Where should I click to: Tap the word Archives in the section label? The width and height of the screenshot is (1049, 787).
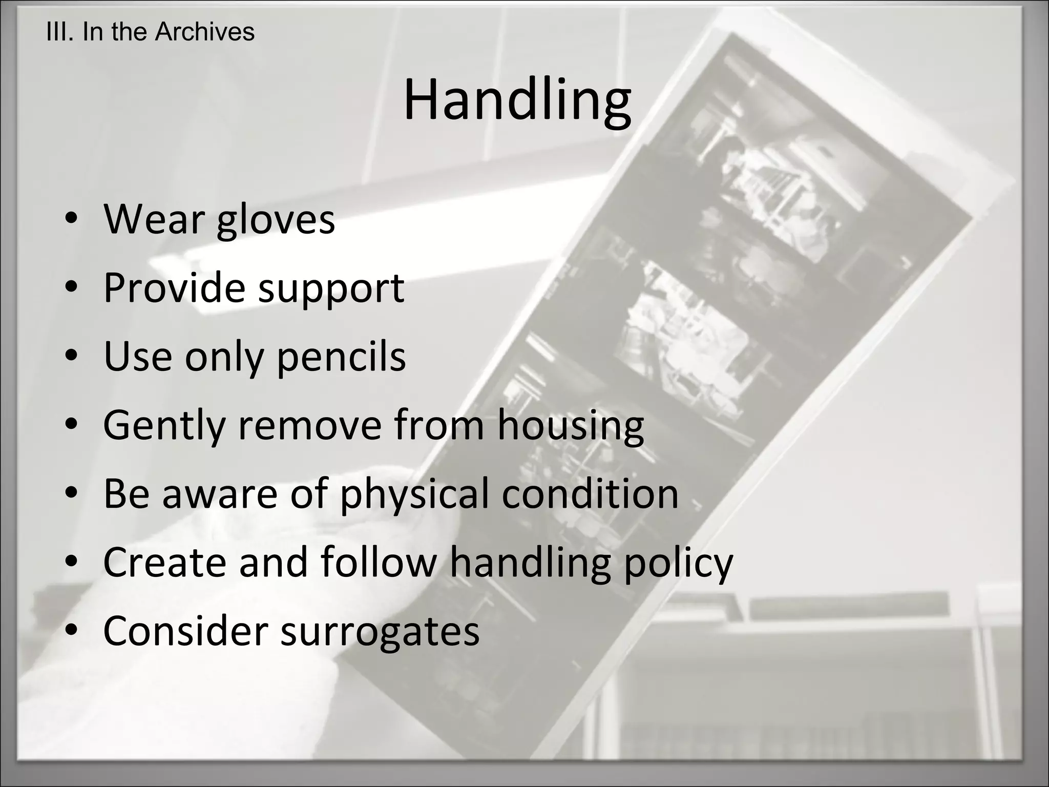click(204, 32)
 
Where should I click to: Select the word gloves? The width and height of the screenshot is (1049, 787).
click(276, 220)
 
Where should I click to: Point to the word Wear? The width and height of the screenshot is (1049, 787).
click(154, 219)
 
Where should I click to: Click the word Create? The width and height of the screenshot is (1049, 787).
click(164, 563)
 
